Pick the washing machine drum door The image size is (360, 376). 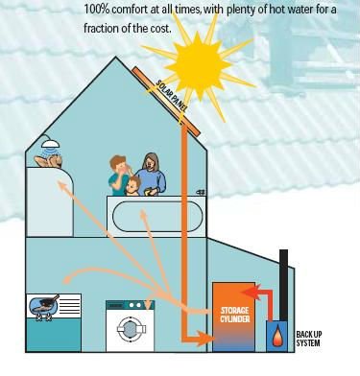click(130, 328)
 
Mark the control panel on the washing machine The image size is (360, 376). click(130, 308)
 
